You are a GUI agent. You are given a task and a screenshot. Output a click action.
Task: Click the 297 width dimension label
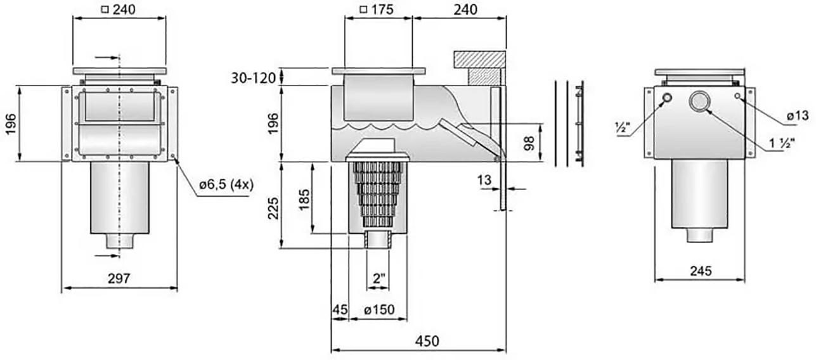(x=119, y=278)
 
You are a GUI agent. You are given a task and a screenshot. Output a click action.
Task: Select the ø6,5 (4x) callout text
(x=226, y=184)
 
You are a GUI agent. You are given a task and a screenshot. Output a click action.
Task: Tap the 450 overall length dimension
(x=427, y=341)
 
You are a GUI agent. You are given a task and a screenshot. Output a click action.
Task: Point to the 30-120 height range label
(x=254, y=78)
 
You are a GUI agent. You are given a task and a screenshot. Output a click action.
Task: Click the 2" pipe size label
(x=379, y=279)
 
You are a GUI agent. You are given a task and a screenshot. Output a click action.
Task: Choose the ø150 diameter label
(x=379, y=310)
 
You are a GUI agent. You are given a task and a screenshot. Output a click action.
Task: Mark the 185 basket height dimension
(x=304, y=200)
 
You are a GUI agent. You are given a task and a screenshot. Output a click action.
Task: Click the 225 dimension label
(x=273, y=209)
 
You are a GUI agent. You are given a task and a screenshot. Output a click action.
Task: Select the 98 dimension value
(x=529, y=143)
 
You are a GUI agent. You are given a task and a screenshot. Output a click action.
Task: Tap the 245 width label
(x=701, y=271)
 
